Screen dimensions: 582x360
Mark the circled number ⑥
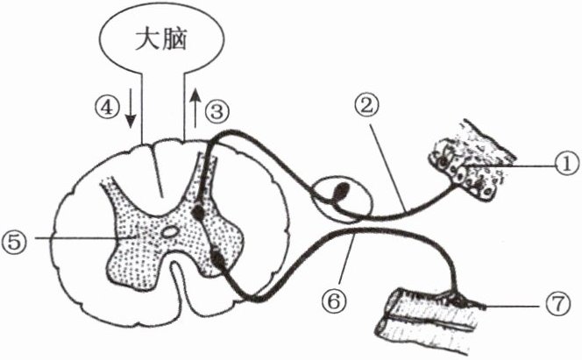[x=336, y=300]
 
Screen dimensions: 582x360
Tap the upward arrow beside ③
[x=193, y=105]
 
